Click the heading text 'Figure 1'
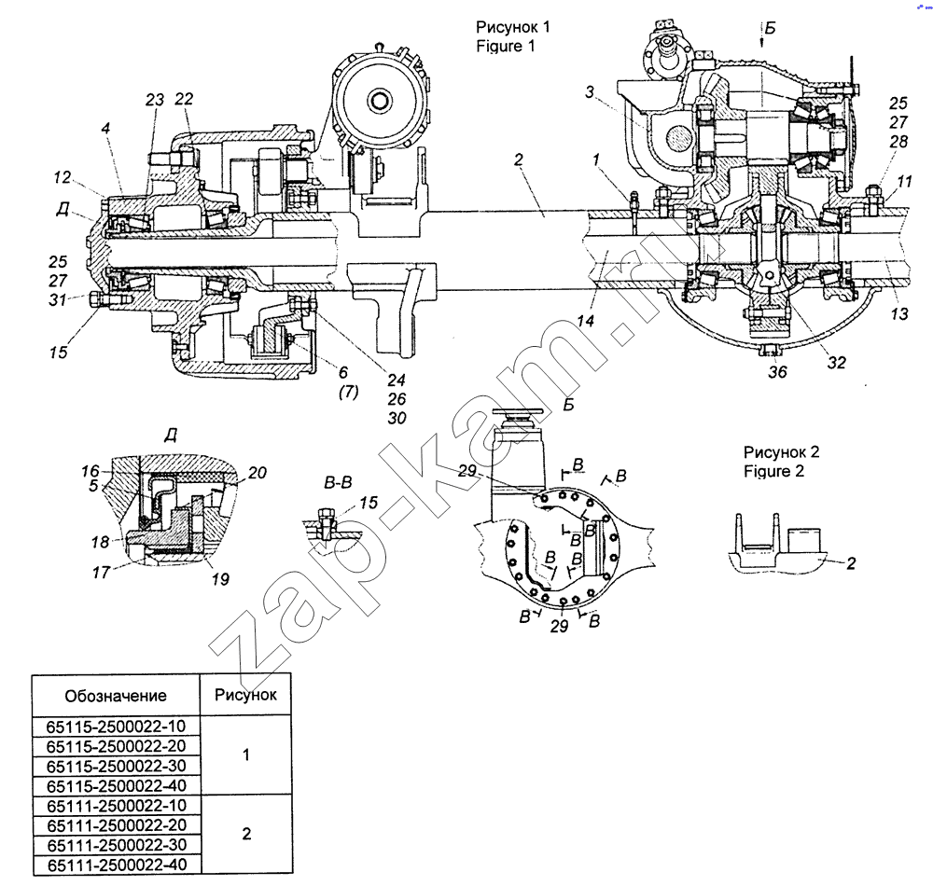(x=504, y=46)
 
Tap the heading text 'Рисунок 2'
(x=781, y=452)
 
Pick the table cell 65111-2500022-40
(x=116, y=865)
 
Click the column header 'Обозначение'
(x=116, y=695)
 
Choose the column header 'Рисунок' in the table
(x=246, y=694)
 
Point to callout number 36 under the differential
(x=777, y=371)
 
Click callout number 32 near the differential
(x=836, y=362)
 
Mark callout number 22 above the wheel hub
(x=184, y=100)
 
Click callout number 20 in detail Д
(x=258, y=473)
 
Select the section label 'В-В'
(x=337, y=484)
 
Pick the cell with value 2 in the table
(x=246, y=834)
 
